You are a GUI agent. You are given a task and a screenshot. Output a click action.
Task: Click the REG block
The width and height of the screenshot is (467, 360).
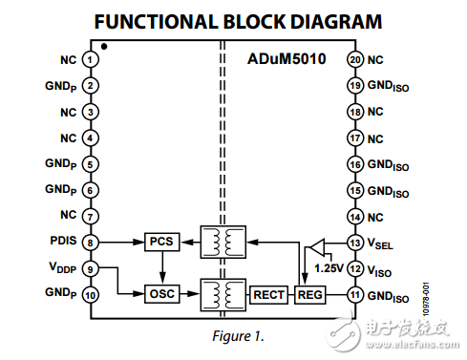pyautogui.click(x=310, y=294)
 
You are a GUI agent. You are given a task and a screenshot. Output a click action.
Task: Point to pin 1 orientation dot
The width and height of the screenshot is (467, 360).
pyautogui.click(x=103, y=46)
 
